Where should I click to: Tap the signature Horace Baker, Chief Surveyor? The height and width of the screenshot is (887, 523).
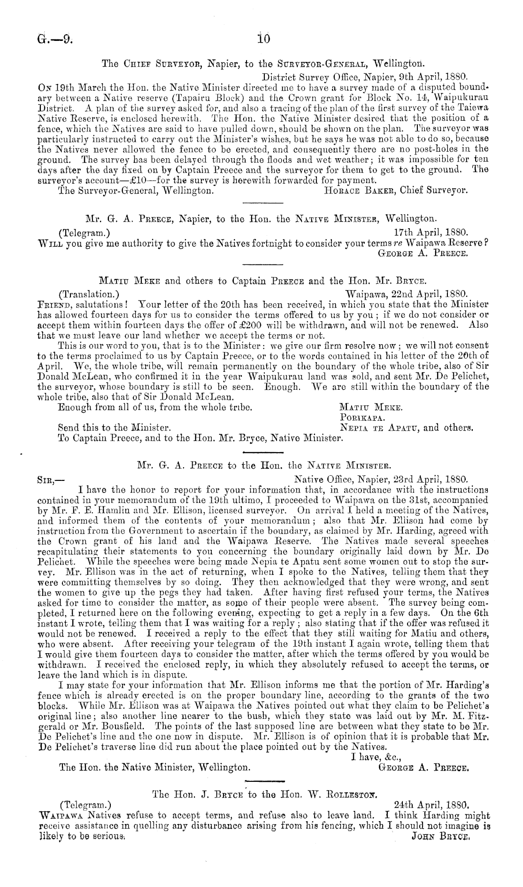(395, 191)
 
